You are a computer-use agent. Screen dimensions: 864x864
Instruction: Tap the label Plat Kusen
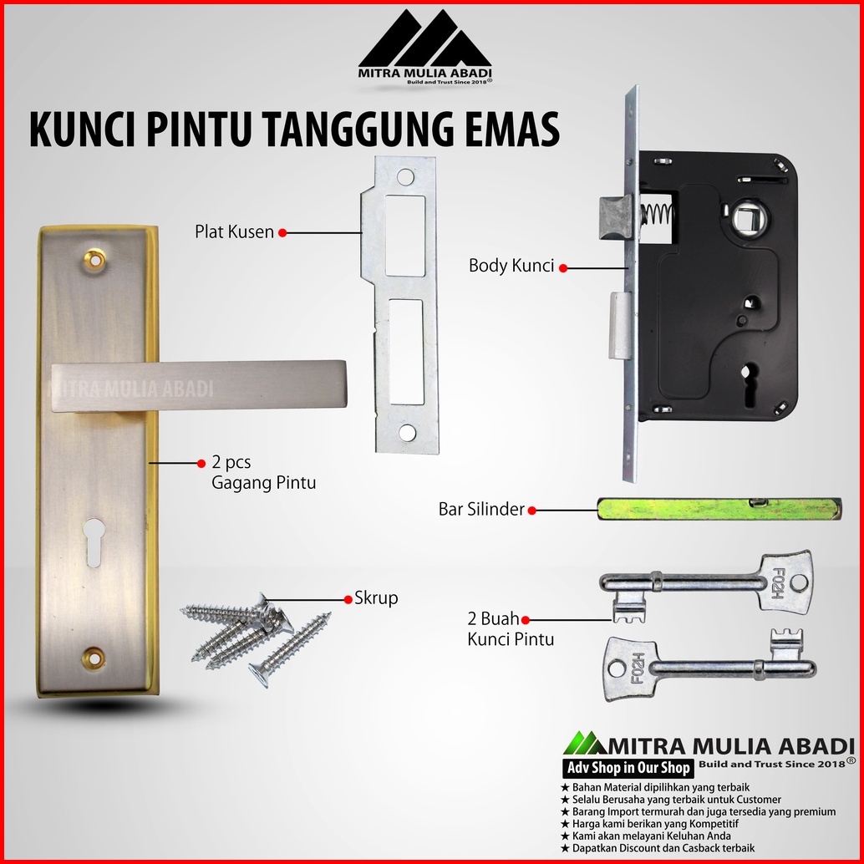pyautogui.click(x=234, y=232)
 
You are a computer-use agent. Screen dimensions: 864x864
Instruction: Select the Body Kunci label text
pyautogui.click(x=511, y=266)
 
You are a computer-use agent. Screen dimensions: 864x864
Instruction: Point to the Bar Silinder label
pyautogui.click(x=481, y=509)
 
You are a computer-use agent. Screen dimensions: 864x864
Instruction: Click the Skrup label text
pyautogui.click(x=376, y=598)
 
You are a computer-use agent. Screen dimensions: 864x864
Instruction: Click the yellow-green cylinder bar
pyautogui.click(x=719, y=509)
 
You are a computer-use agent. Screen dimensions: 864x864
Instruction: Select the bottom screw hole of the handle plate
pyautogui.click(x=94, y=658)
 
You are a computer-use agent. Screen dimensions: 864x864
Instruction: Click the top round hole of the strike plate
pyautogui.click(x=405, y=177)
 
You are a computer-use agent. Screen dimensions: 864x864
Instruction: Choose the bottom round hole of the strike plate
pyautogui.click(x=407, y=433)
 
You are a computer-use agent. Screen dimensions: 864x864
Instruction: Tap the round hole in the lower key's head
pyautogui.click(x=615, y=669)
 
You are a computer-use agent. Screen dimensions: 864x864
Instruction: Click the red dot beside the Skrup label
pyautogui.click(x=348, y=599)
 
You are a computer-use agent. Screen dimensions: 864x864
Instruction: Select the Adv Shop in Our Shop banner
pyautogui.click(x=628, y=768)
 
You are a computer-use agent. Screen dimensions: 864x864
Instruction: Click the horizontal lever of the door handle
pyautogui.click(x=198, y=385)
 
